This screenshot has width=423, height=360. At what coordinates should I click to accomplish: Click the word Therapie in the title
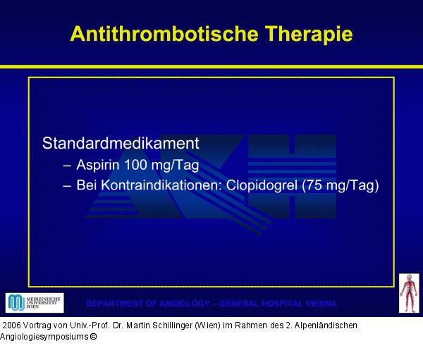pos(307,35)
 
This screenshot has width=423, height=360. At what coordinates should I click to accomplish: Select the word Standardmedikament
pos(121,143)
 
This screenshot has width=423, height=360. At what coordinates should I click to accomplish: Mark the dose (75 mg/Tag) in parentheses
pos(341,186)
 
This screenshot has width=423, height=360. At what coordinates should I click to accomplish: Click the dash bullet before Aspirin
pos(67,166)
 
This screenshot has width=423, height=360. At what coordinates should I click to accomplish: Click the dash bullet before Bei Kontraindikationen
pos(67,187)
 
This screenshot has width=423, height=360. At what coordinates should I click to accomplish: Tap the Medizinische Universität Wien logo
pos(35,303)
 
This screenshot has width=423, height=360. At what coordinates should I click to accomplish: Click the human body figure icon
pos(409,293)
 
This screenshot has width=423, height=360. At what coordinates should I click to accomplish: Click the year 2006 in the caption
pos(13,325)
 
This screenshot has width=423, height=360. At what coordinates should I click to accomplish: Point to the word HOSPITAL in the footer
pos(275,304)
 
